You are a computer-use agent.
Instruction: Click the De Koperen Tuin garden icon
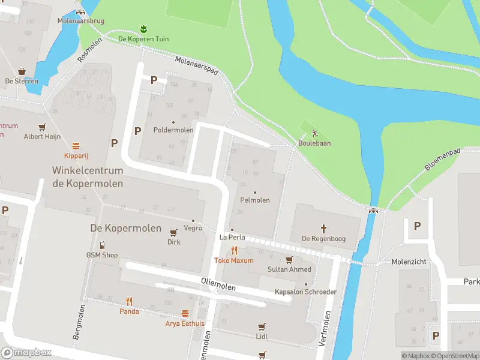tap(143, 29)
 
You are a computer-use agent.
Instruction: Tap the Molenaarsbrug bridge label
tap(81, 21)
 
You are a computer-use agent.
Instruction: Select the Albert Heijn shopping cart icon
tap(42, 127)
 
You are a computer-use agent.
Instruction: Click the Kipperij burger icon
tap(76, 146)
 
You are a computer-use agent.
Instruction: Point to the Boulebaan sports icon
tap(314, 133)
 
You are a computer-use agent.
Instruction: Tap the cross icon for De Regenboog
tap(323, 228)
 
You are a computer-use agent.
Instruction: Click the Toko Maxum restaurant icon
tap(234, 251)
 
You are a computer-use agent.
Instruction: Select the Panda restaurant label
tap(129, 311)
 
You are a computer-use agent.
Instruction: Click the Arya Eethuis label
tap(185, 323)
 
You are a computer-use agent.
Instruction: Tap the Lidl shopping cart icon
tap(261, 327)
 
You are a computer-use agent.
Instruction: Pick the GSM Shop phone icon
tap(102, 245)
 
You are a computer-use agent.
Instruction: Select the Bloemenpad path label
tap(443, 160)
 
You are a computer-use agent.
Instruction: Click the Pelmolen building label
tap(254, 200)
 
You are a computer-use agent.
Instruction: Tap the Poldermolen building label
tap(173, 130)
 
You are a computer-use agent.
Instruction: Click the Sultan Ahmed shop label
tap(289, 269)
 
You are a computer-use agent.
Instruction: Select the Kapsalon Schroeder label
tap(305, 292)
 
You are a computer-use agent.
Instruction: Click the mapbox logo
tap(26, 353)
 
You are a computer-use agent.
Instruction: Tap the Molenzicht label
tap(408, 262)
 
